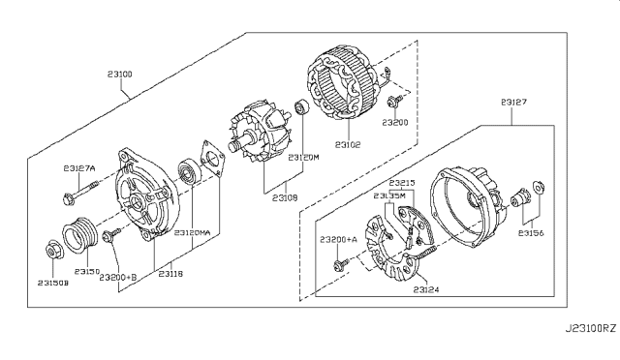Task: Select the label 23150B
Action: pyautogui.click(x=55, y=283)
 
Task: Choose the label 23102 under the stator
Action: pyautogui.click(x=348, y=144)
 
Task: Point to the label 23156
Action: pyautogui.click(x=531, y=232)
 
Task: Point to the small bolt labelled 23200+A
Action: pyautogui.click(x=339, y=261)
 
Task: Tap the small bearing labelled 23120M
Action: pyautogui.click(x=302, y=107)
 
